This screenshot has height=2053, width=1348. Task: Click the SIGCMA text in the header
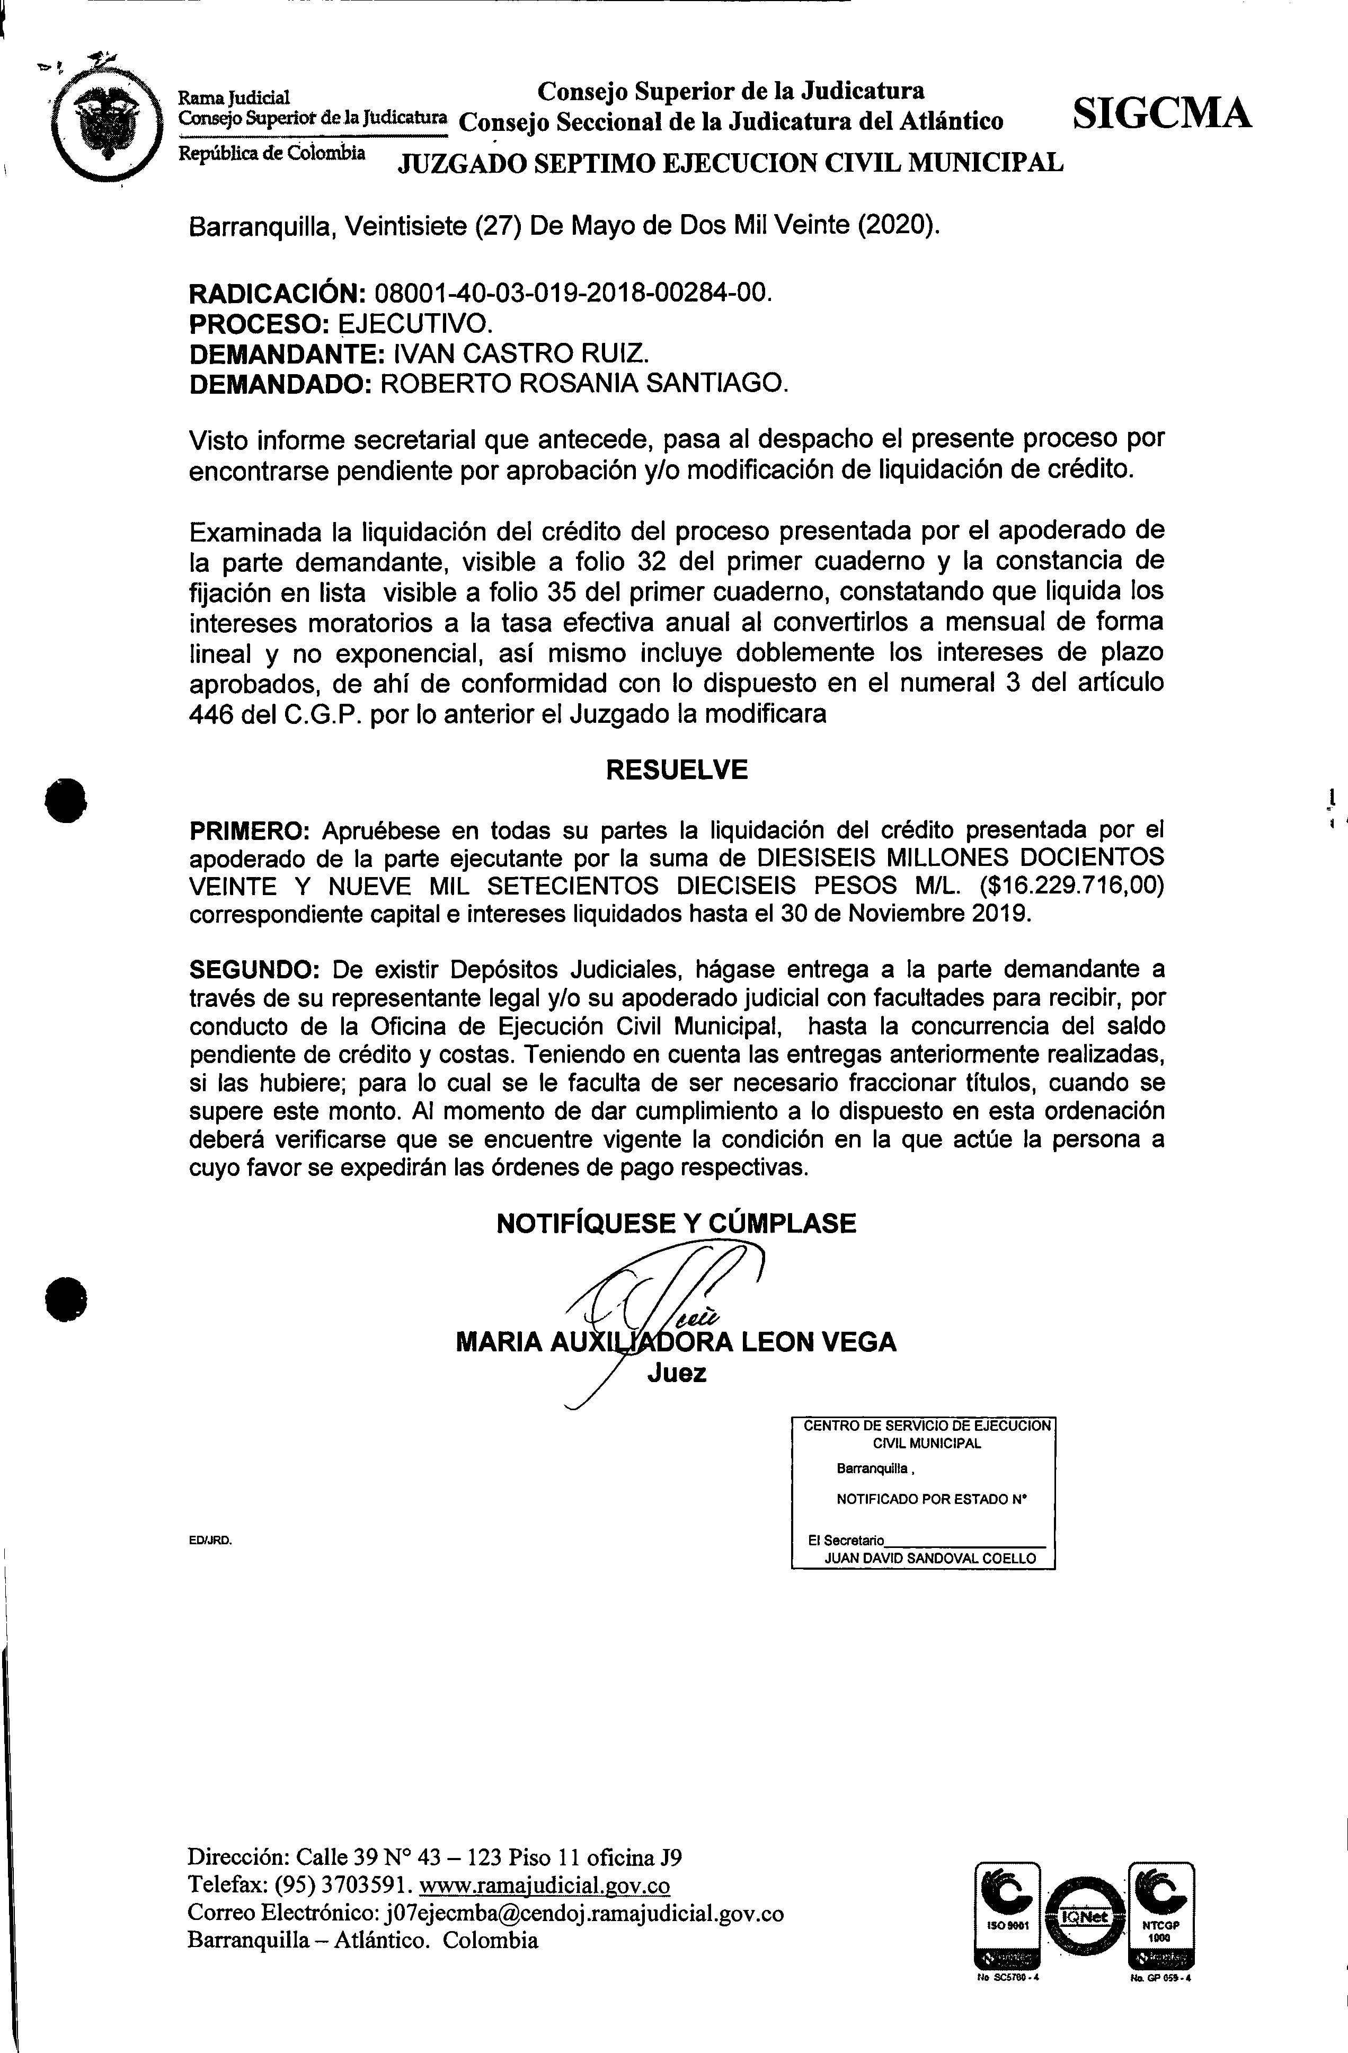1161,113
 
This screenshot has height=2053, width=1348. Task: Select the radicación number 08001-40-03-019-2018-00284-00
569,293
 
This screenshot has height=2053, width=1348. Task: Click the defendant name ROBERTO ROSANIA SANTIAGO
584,383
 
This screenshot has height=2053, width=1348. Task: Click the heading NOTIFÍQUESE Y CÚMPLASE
676,1223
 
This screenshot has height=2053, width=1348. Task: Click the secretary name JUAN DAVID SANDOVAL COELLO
930,1558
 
